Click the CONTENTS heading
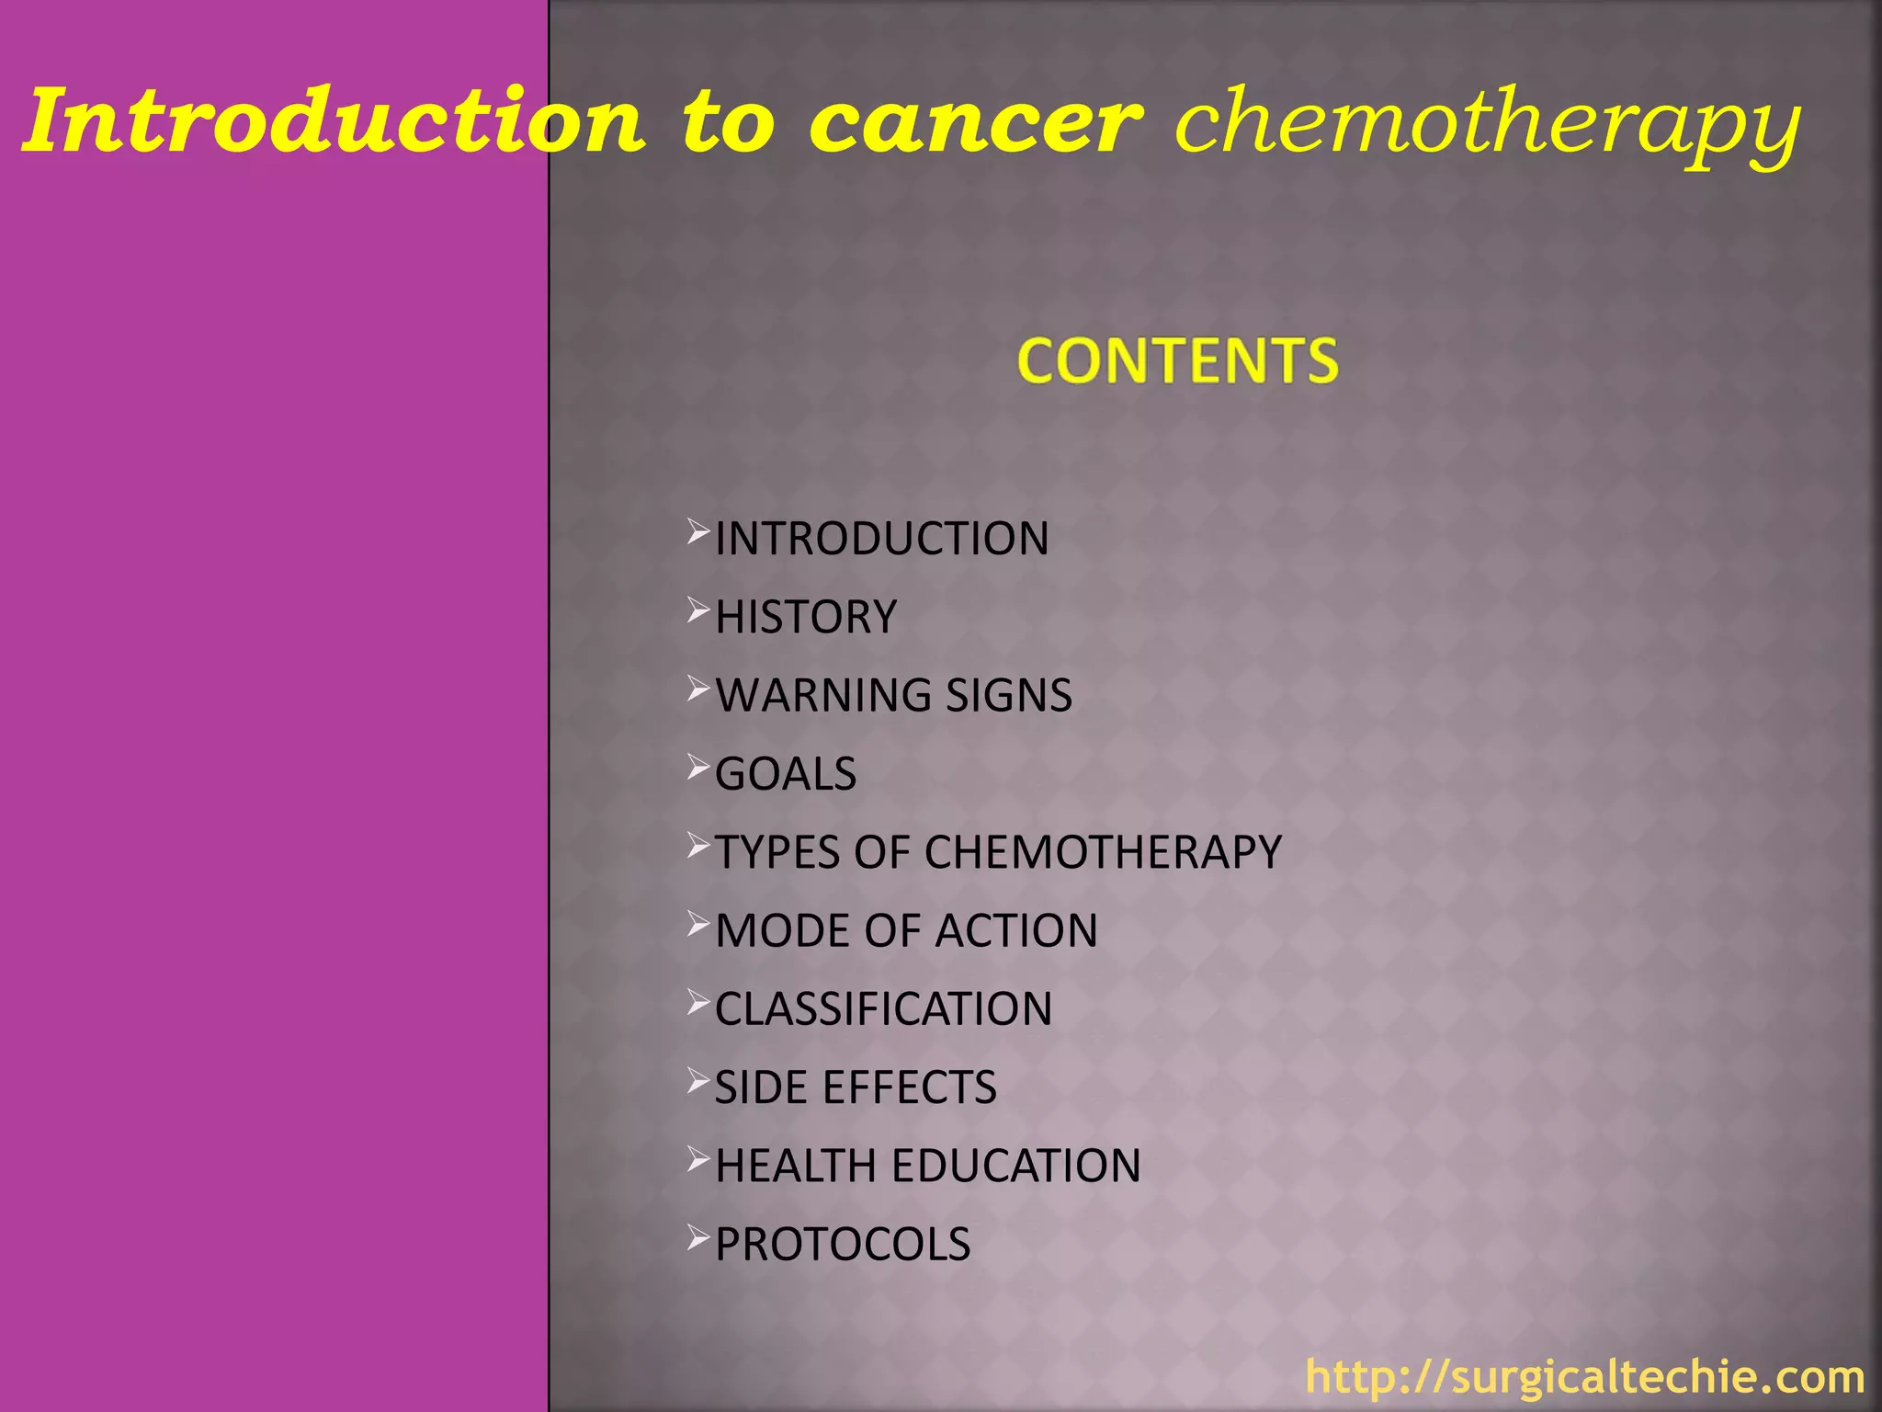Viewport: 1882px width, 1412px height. click(x=1177, y=360)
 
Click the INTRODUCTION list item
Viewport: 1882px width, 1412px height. click(x=881, y=539)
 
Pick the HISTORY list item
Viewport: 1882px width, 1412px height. click(x=805, y=617)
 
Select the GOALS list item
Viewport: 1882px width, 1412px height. click(x=786, y=774)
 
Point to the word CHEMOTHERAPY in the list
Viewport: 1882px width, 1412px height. click(x=1103, y=852)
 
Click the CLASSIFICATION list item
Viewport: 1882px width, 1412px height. click(x=883, y=1009)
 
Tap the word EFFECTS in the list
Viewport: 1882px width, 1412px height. click(x=909, y=1087)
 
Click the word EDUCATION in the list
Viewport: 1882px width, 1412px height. click(x=1016, y=1166)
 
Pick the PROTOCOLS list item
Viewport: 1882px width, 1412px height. click(x=842, y=1245)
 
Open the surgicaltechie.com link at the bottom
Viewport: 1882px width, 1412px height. click(x=1584, y=1377)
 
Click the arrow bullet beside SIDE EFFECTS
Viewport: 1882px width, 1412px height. click(x=698, y=1082)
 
